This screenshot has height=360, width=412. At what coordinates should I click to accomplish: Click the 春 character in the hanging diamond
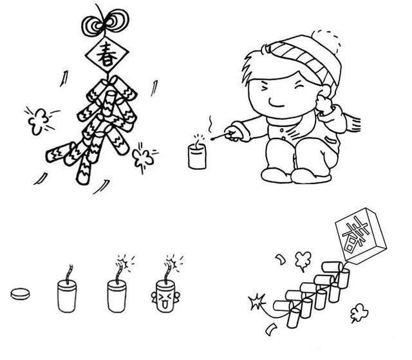pos(107,55)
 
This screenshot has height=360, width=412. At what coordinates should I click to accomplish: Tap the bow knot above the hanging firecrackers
pos(105,23)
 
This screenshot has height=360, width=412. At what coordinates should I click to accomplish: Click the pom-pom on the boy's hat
pos(326,41)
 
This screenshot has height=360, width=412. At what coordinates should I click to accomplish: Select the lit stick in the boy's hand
pos(220,136)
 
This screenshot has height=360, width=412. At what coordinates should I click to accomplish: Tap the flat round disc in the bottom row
pos(20,294)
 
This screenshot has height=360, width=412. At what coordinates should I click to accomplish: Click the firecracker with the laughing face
pos(165,296)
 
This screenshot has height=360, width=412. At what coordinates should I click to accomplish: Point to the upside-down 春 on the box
pos(355,234)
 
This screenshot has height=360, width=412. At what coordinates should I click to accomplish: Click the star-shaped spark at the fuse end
pos(256,301)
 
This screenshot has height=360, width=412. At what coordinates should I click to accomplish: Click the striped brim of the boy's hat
pos(301,60)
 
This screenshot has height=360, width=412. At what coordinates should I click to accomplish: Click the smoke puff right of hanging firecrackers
pos(142,158)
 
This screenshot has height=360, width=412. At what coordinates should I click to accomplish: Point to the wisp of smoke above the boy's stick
pos(211,124)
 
